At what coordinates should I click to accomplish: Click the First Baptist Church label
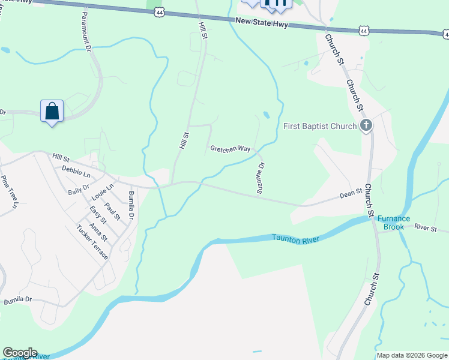[x=320, y=127]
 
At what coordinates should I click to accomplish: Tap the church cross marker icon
[x=366, y=126]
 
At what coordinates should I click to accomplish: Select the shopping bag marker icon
[x=52, y=111]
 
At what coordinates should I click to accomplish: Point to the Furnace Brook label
[x=394, y=223]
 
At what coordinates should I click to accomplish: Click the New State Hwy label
[x=262, y=23]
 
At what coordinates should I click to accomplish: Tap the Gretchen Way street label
[x=230, y=148]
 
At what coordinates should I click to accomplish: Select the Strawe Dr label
[x=261, y=178]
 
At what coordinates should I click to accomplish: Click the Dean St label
[x=351, y=193]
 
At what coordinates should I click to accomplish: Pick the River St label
[x=426, y=227]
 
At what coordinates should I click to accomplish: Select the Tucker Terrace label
[x=92, y=242]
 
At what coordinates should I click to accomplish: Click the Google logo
[x=20, y=353]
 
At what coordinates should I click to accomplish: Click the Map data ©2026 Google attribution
[x=412, y=355]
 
